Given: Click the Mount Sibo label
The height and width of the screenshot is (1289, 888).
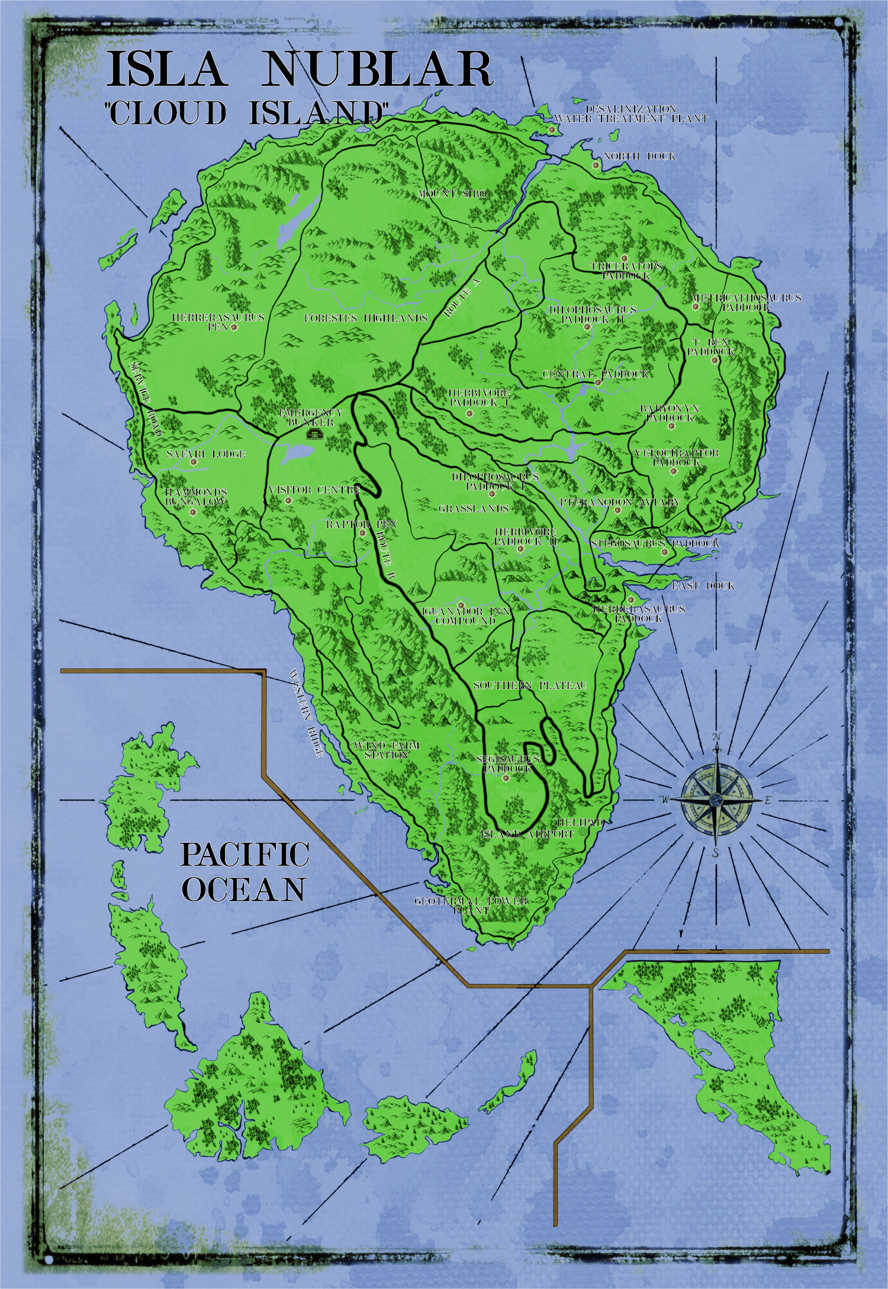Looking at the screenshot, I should tap(452, 194).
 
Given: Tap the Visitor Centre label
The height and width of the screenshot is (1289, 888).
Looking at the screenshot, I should tap(314, 490).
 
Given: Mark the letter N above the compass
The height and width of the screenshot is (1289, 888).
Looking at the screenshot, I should tap(716, 736).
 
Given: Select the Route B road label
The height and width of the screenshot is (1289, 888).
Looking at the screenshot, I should tap(384, 554).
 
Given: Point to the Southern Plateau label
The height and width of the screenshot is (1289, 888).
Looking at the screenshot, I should tap(530, 685).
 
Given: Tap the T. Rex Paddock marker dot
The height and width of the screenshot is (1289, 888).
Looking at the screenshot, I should tap(715, 360).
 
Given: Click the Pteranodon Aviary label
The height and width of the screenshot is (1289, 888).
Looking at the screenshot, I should tap(620, 502).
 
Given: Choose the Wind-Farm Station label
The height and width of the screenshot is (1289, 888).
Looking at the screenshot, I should tap(386, 750).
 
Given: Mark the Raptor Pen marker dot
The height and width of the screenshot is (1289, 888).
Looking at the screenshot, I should tap(362, 533).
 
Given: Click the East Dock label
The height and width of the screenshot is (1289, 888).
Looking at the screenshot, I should tap(703, 586).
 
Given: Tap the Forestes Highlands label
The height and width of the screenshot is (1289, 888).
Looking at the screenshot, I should tap(366, 318).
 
